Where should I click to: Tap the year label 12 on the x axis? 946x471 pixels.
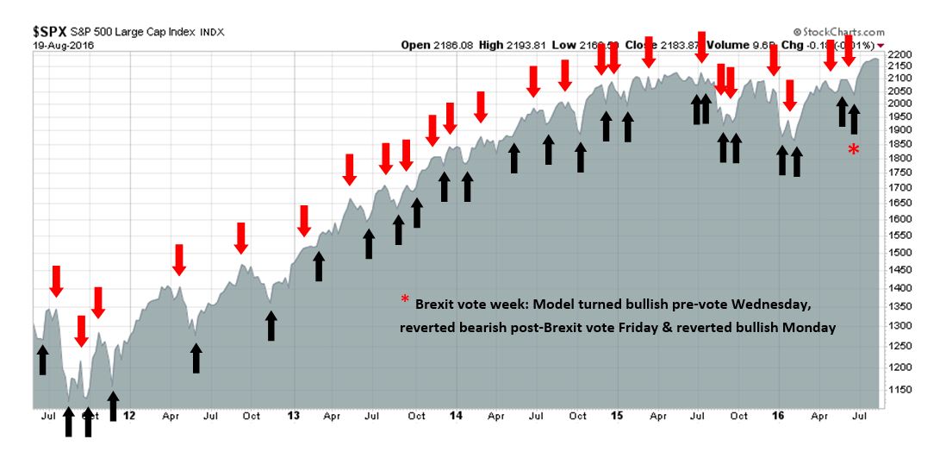point(128,416)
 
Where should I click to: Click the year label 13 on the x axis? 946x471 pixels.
point(293,416)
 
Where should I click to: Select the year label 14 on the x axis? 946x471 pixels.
point(456,416)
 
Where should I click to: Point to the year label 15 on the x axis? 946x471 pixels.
point(617,416)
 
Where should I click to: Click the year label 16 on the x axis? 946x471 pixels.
point(779,416)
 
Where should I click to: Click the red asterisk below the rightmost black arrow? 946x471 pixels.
point(853,150)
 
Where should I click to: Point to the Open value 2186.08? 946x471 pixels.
point(449,45)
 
